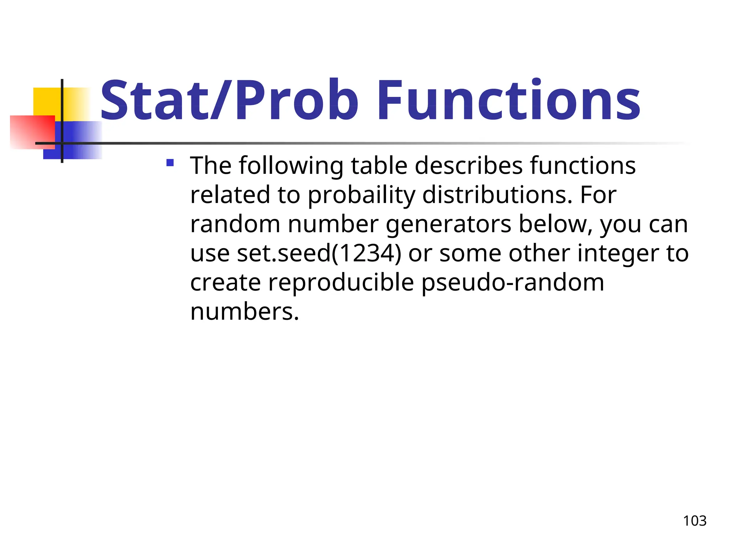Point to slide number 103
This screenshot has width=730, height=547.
click(694, 521)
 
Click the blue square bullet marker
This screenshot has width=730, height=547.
click(170, 163)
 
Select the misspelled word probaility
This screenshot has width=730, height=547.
click(361, 195)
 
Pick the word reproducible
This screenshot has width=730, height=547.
click(341, 283)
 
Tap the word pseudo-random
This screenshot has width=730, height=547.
click(513, 283)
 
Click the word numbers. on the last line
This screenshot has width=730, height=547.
click(245, 312)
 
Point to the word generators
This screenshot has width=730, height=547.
click(448, 224)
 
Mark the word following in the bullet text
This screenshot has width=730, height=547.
click(291, 166)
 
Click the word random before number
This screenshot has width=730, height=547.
click(235, 224)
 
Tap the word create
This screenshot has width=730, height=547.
click(225, 283)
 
